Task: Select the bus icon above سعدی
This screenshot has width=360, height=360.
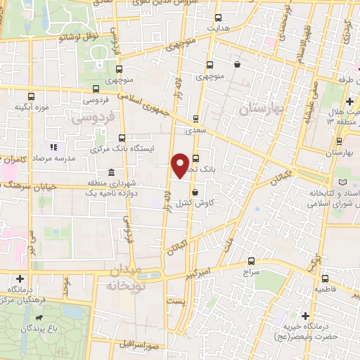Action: tap(195, 118)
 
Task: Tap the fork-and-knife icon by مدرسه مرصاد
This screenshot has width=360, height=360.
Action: tap(53, 148)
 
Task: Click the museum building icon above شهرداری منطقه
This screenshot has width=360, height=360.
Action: tap(110, 172)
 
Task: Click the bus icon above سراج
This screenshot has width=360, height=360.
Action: tap(251, 259)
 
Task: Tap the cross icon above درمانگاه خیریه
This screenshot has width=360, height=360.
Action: tap(305, 316)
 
